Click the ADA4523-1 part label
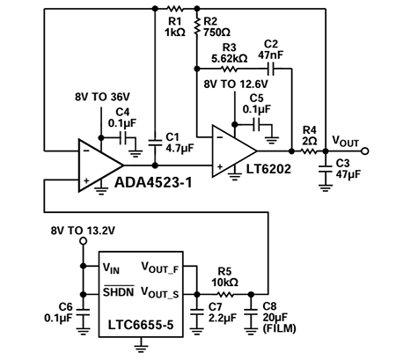(147, 186)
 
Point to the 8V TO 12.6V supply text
(235, 83)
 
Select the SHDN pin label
(114, 291)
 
